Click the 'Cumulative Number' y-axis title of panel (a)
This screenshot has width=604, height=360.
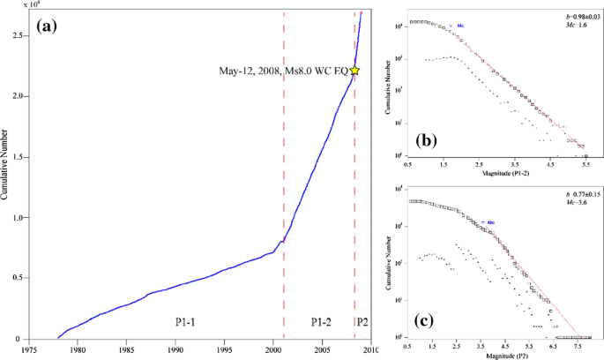[5, 176]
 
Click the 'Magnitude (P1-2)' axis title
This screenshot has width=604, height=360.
[500, 174]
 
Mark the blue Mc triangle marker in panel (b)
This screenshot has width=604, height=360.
[451, 27]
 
